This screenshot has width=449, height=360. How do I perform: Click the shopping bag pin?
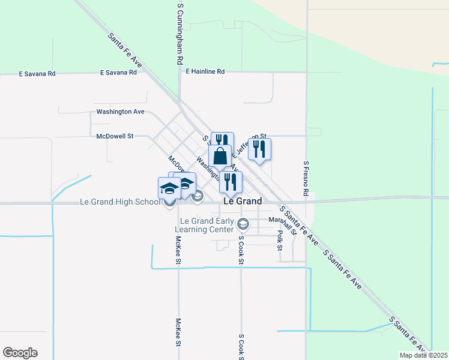(220, 156)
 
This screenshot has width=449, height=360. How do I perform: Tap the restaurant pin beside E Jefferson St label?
(259, 149)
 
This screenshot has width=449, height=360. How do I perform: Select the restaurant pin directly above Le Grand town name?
(231, 182)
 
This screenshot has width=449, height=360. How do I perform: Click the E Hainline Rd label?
(205, 71)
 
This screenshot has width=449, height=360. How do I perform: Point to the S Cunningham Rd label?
(179, 34)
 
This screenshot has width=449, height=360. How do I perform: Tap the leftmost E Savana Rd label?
(37, 74)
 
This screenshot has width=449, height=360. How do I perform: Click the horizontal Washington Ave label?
(121, 112)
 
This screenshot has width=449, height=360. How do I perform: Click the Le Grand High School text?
(120, 202)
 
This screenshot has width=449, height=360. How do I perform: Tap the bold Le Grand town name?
(243, 202)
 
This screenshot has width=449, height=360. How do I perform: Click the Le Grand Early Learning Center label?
(204, 225)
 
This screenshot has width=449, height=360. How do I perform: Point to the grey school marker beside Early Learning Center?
(243, 225)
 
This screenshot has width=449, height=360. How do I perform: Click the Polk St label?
(280, 239)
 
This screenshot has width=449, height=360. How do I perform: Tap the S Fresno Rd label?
(306, 179)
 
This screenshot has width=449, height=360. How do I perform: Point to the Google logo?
(20, 353)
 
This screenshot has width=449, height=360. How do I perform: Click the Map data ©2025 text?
(423, 355)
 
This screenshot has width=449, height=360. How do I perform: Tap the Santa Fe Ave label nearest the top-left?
(125, 49)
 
